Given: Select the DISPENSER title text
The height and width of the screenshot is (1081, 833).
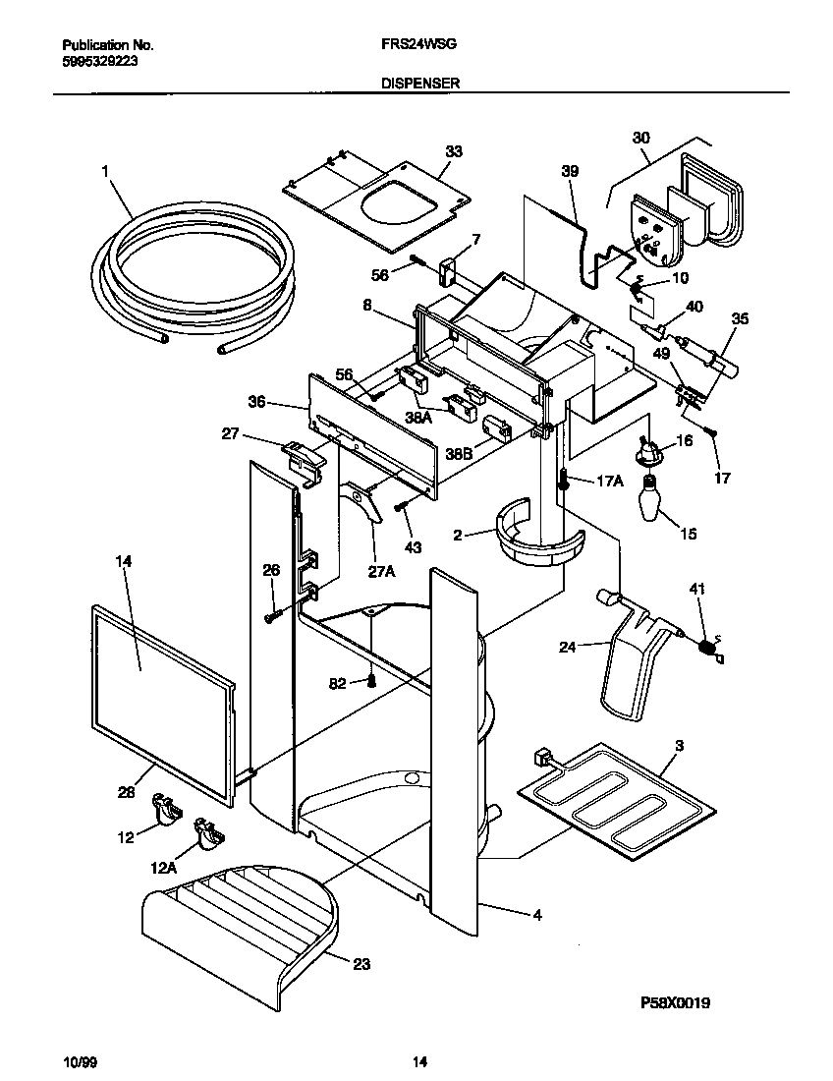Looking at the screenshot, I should click(x=420, y=85).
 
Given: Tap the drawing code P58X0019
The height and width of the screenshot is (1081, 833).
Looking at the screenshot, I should click(x=675, y=1002).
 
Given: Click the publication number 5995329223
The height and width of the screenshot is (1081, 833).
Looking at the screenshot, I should click(x=97, y=59).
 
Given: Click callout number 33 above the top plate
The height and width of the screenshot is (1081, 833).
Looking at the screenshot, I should click(x=453, y=151).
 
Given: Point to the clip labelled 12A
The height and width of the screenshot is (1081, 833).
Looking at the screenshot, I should click(x=209, y=832).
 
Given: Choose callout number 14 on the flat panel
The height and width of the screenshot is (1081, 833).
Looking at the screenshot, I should click(x=123, y=561).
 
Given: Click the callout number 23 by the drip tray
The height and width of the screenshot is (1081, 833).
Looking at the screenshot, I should click(x=361, y=964).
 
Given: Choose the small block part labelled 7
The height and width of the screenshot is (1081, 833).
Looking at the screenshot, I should click(x=449, y=268).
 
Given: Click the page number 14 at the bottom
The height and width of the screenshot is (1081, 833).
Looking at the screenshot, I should click(x=419, y=1062).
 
